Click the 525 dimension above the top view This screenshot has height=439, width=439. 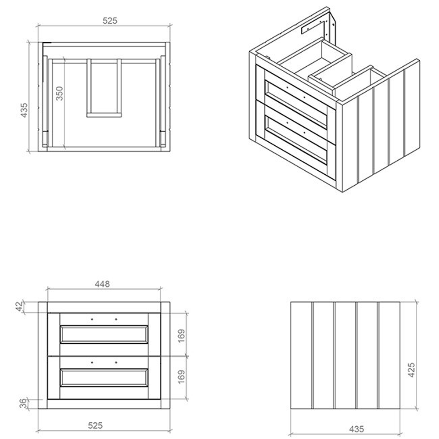[x=110, y=21]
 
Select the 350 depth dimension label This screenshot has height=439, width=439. [x=60, y=93]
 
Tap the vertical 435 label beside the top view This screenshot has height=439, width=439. [x=24, y=110]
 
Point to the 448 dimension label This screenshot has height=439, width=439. [x=102, y=284]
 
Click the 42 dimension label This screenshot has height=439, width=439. [x=19, y=306]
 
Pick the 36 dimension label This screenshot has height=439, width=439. [x=24, y=403]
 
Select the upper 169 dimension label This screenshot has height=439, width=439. [x=181, y=335]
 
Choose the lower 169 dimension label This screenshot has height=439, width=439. [x=181, y=377]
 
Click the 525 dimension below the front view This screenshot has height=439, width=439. [x=95, y=425]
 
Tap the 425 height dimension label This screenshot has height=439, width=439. [x=411, y=370]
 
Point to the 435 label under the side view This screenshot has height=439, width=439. [x=356, y=429]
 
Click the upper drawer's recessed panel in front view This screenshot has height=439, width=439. [x=104, y=334]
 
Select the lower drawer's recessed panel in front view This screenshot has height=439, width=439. [x=104, y=378]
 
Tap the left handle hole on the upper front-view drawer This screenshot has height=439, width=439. [x=92, y=319]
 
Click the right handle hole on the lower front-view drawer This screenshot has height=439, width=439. [x=116, y=363]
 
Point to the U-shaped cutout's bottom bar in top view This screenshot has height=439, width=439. [x=104, y=115]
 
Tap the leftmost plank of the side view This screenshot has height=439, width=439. [x=301, y=355]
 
